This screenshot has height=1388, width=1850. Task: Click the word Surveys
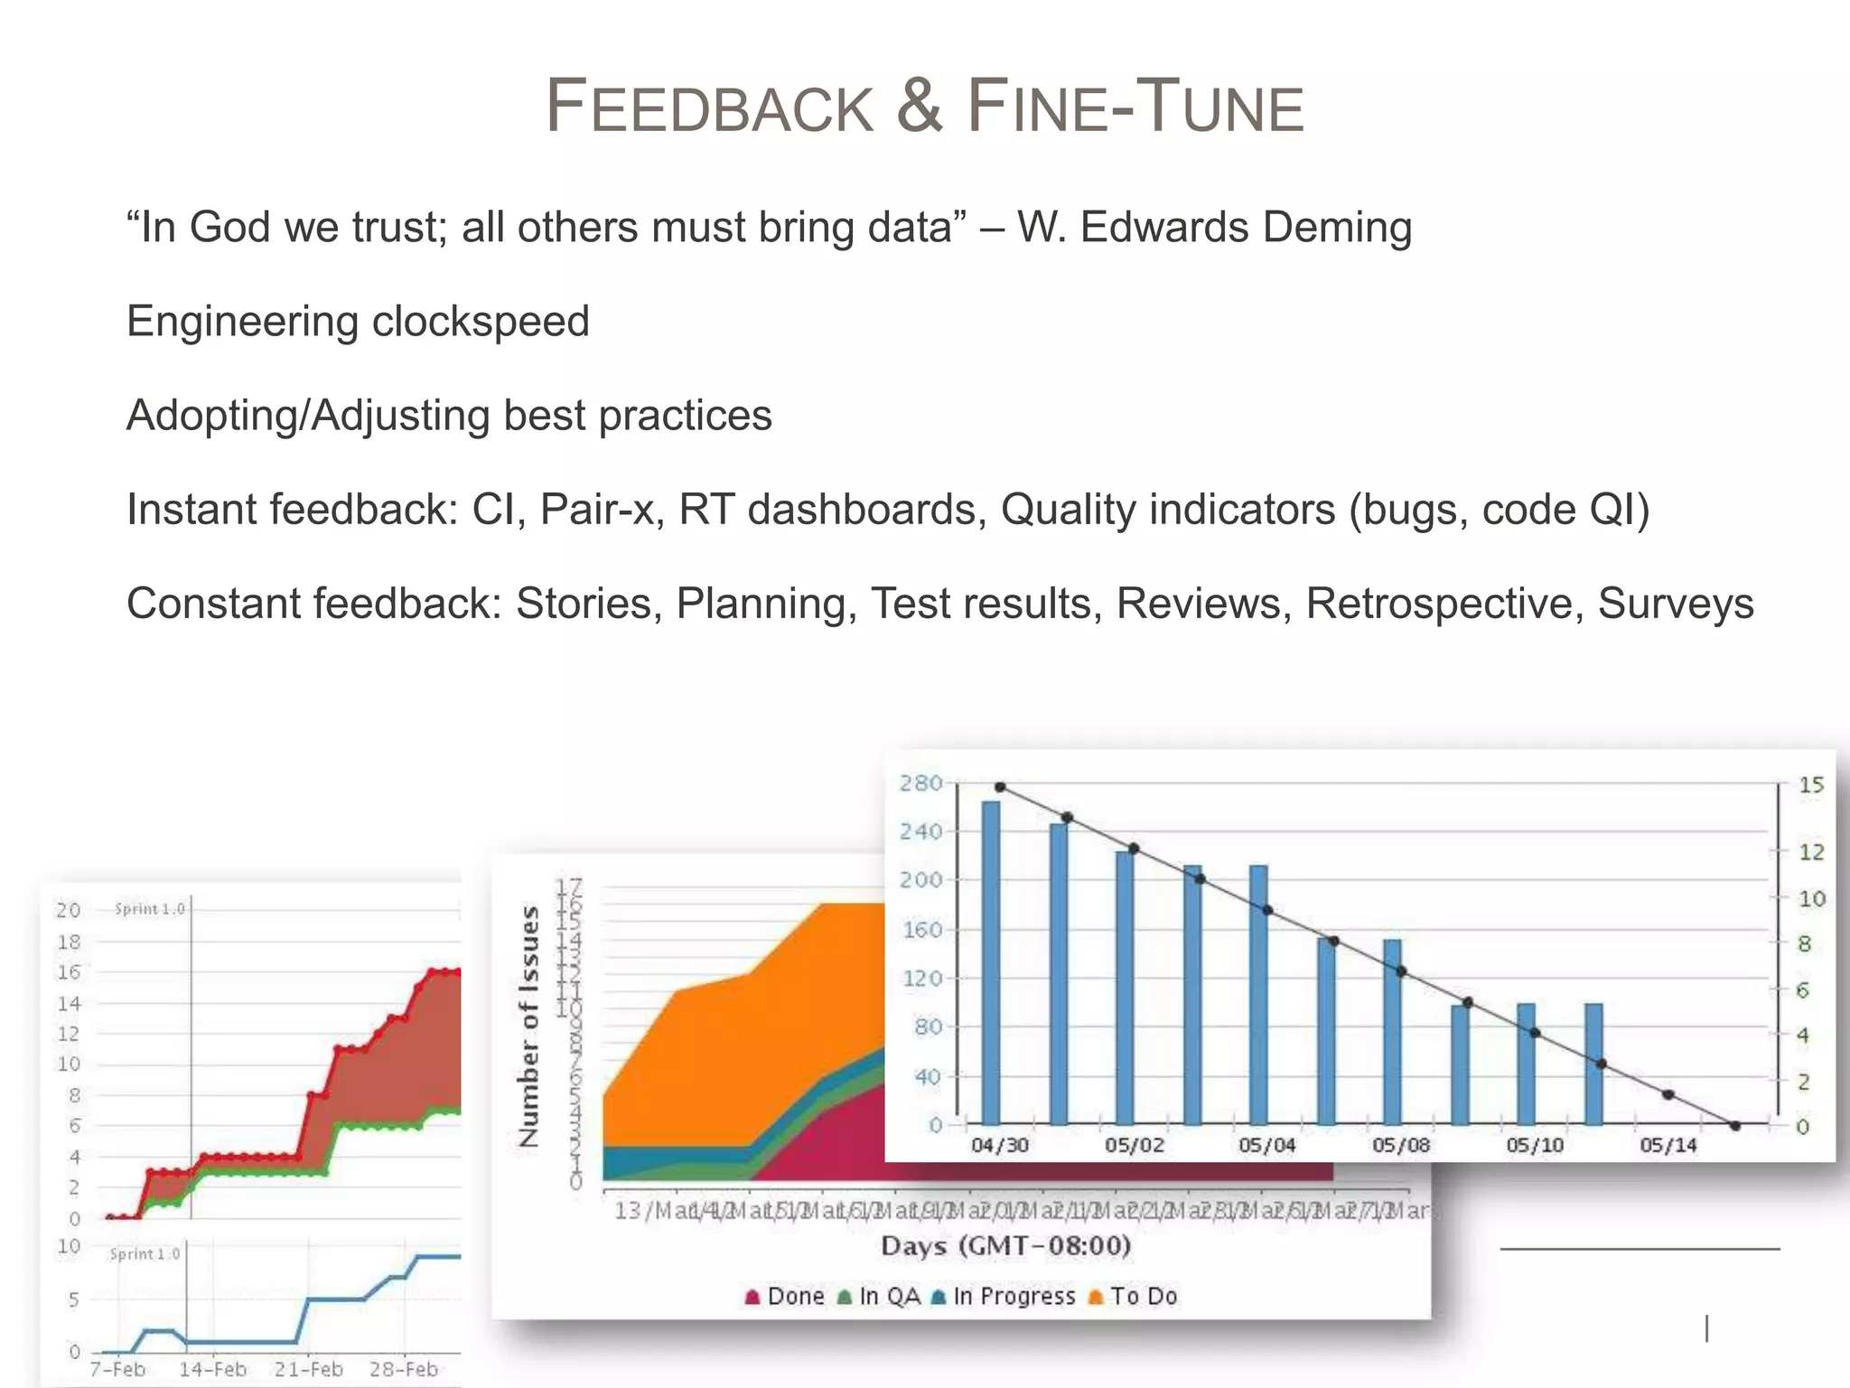(1675, 604)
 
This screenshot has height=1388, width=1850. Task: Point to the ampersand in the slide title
(919, 106)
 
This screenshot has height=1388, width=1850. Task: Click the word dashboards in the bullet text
(866, 510)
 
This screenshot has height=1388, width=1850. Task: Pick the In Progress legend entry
(1003, 1297)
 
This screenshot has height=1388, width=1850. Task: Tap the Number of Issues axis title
(529, 1027)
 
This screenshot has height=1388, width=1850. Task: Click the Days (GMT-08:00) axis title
(1005, 1246)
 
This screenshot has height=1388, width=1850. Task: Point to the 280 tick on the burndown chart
(920, 783)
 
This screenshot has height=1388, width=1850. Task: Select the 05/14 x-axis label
(1668, 1146)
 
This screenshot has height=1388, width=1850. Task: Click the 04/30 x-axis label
(999, 1146)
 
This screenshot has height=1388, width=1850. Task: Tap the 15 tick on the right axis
(1810, 785)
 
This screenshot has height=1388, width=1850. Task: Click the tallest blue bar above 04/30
(990, 962)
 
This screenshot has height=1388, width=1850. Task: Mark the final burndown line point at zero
(1734, 1126)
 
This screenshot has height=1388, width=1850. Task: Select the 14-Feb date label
(212, 1370)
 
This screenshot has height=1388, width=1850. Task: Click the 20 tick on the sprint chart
(69, 910)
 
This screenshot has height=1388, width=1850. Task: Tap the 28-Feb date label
(403, 1370)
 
